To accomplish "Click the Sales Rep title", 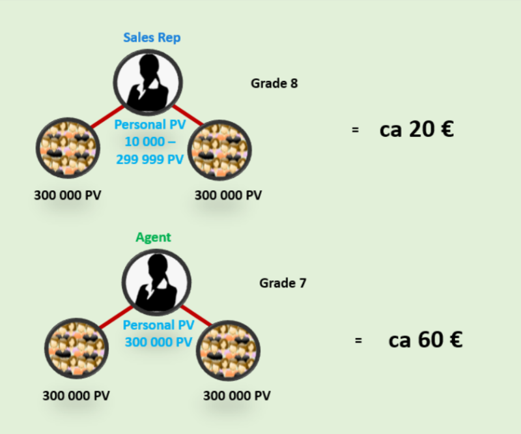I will click(x=152, y=38).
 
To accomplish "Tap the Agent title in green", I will click(x=153, y=237).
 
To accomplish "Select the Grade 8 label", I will click(x=274, y=83).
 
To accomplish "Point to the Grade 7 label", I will click(x=283, y=283).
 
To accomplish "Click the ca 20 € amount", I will click(x=416, y=130).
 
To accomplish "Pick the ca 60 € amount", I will click(x=425, y=340).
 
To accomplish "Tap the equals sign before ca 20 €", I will click(x=355, y=130).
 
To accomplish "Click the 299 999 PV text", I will click(x=150, y=159).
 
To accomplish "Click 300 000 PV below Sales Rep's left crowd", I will click(x=68, y=195).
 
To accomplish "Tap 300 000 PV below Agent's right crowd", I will click(x=237, y=396).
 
